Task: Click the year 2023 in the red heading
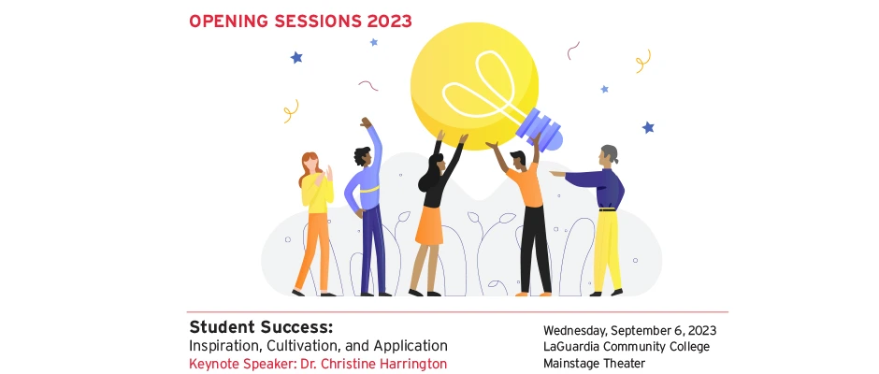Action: click(389, 22)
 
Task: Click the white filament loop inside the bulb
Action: click(481, 85)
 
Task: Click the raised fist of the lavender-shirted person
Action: click(366, 122)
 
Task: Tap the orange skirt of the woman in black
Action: click(430, 224)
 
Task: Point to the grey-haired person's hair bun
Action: click(615, 156)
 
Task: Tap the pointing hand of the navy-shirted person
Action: click(556, 174)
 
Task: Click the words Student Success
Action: click(261, 327)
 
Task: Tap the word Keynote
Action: click(210, 364)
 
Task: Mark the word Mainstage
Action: click(571, 364)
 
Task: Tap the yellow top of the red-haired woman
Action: click(317, 194)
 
